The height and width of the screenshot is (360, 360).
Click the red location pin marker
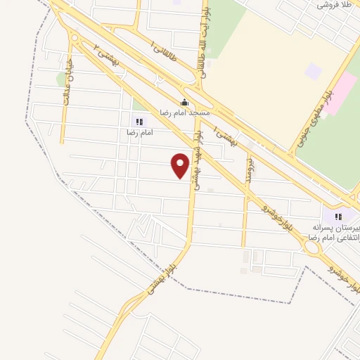pos(181,166)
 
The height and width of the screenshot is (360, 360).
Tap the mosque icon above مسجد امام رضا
pos(184,102)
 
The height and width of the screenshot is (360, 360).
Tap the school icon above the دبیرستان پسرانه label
pos(338,217)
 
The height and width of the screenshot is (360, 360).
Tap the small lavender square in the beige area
pos(313,71)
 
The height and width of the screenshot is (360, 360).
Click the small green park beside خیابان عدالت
pos(60,79)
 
